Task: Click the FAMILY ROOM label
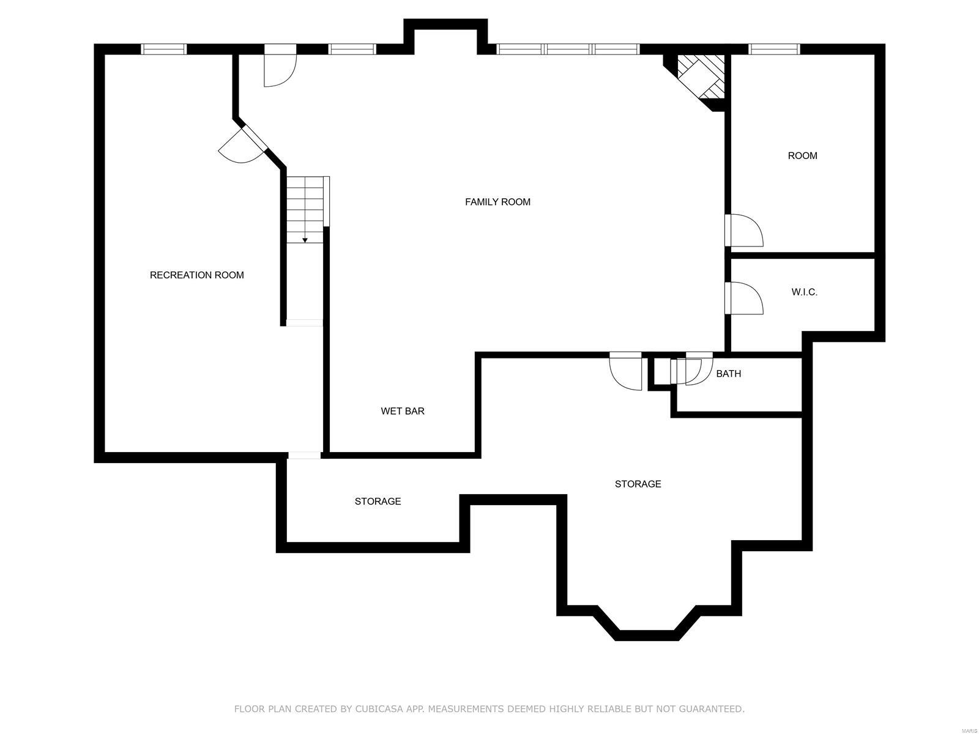click(497, 202)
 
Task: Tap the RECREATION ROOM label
click(196, 275)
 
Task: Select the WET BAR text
click(402, 411)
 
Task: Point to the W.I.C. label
click(804, 292)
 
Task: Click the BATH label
click(728, 374)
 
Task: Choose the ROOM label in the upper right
click(802, 155)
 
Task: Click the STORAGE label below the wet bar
click(378, 501)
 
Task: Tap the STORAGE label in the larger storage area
click(638, 484)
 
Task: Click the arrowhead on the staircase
click(305, 240)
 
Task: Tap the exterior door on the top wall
click(280, 65)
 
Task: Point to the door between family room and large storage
click(625, 371)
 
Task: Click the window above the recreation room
click(164, 49)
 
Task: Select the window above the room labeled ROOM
click(774, 49)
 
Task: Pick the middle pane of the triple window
click(568, 49)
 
